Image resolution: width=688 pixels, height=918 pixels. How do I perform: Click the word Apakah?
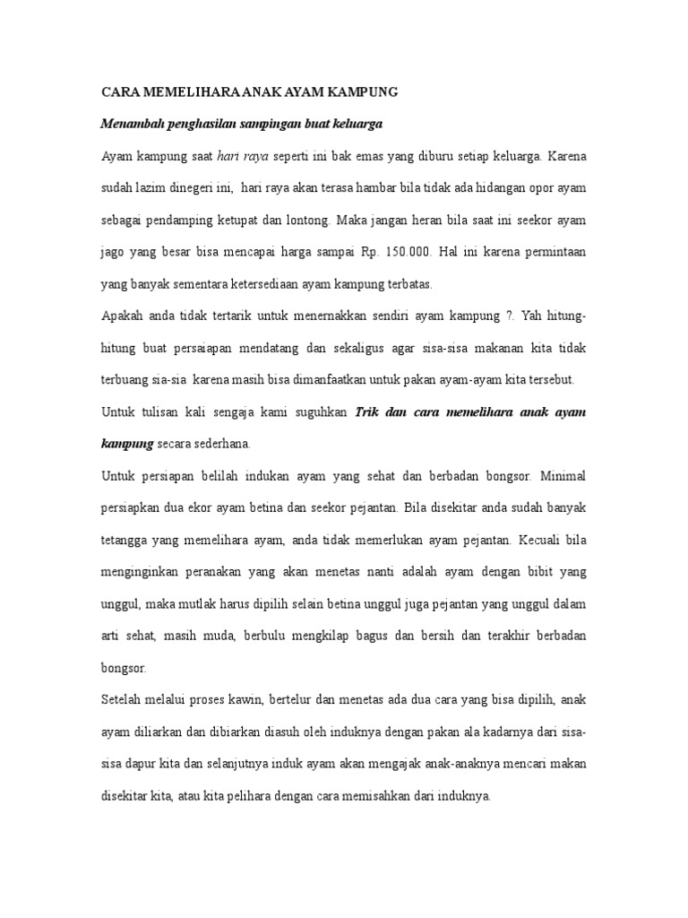coord(123,316)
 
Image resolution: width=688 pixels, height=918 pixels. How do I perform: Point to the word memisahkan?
coord(393,796)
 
